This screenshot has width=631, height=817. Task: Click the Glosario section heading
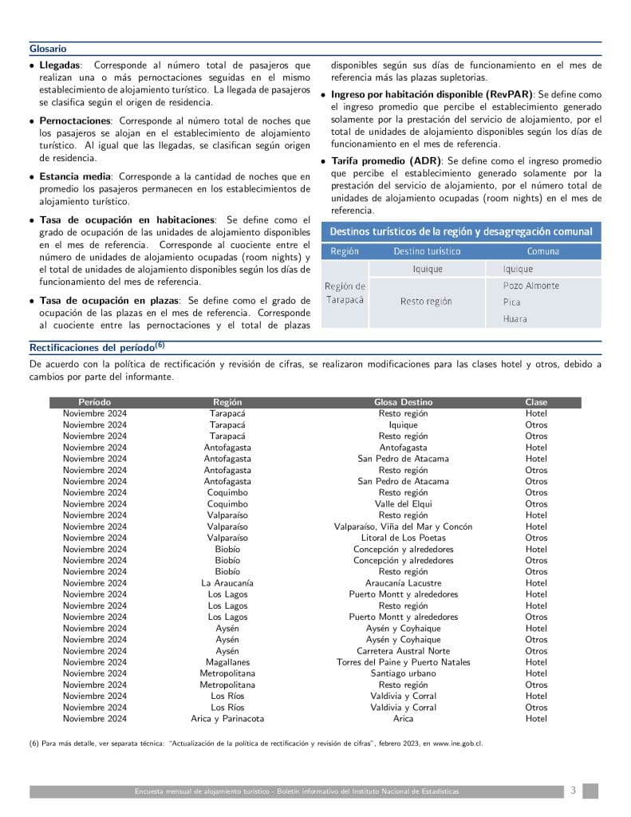click(48, 49)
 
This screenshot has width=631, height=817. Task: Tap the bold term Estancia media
click(76, 176)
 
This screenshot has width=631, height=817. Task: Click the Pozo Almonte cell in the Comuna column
click(530, 286)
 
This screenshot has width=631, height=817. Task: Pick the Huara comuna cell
click(515, 319)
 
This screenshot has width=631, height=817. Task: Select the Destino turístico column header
click(427, 251)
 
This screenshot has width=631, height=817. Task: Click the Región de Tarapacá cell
click(345, 293)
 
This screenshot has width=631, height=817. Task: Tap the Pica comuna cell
click(511, 302)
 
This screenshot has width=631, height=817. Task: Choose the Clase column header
click(536, 403)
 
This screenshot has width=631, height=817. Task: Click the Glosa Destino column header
click(403, 403)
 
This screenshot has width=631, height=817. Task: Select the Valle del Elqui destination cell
click(403, 504)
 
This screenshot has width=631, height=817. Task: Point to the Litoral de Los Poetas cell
click(403, 538)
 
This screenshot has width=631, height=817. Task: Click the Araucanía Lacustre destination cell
click(403, 583)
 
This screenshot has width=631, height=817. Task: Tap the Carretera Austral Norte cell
click(403, 651)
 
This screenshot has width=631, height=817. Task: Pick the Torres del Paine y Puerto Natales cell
click(403, 662)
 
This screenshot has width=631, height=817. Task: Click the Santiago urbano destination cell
click(403, 673)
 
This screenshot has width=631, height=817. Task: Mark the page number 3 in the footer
click(573, 791)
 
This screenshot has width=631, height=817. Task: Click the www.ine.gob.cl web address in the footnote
click(457, 744)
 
